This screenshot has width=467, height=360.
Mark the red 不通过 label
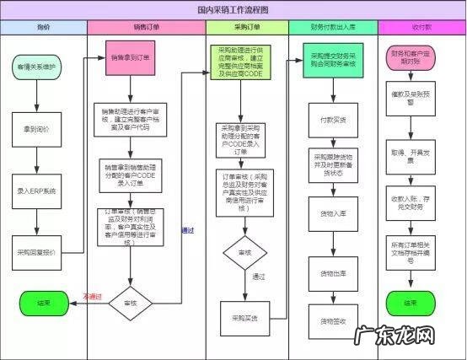click(92, 296)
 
